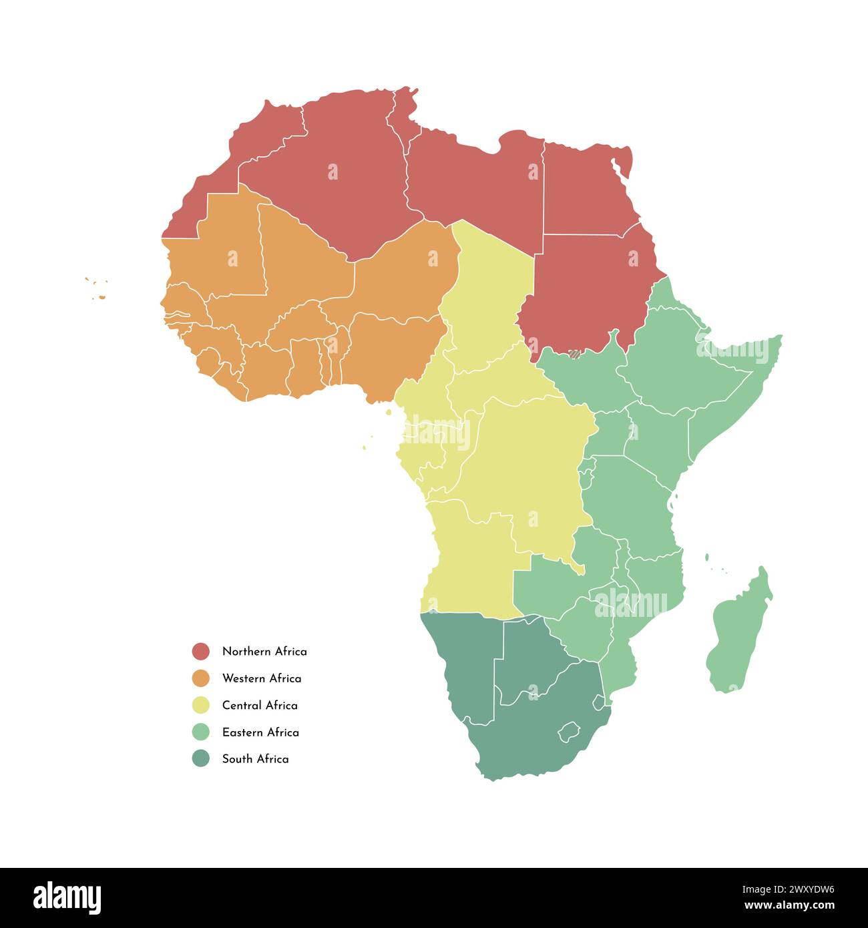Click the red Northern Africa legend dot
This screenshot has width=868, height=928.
(200, 651)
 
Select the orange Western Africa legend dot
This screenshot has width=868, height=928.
(200, 678)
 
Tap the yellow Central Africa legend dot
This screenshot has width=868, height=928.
(200, 705)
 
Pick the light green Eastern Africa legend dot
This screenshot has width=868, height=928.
(200, 732)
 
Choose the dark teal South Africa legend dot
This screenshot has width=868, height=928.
(200, 758)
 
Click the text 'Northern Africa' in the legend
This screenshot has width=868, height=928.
(264, 651)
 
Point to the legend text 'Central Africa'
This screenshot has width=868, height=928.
(260, 705)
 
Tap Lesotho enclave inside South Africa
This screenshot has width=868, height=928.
(568, 729)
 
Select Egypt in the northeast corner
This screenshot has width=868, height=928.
(584, 190)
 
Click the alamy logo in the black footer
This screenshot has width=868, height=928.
(67, 898)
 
